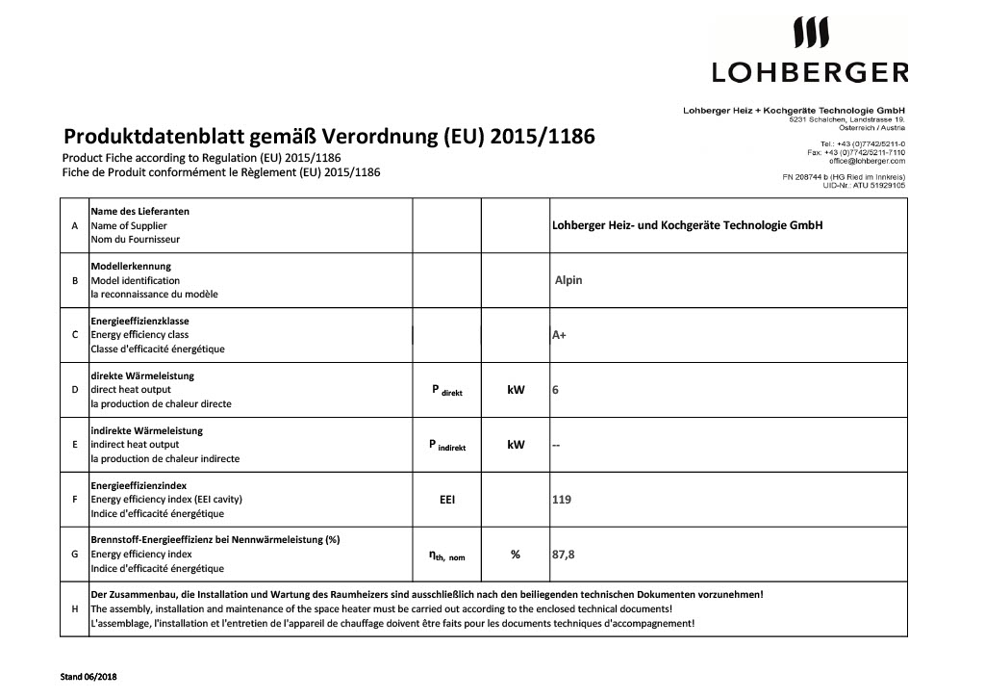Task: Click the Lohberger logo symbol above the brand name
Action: [809, 34]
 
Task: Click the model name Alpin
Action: [568, 280]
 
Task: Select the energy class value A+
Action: [558, 335]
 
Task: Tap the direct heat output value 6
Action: [555, 390]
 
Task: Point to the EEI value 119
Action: [561, 500]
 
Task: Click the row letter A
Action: [75, 225]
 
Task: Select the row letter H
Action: [75, 609]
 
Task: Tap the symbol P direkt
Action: [447, 390]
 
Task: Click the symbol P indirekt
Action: [447, 445]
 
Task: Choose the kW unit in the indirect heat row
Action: [516, 445]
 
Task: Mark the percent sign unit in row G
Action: [516, 555]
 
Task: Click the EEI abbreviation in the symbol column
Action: [447, 500]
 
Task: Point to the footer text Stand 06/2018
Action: [88, 677]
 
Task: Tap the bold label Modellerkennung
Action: [131, 267]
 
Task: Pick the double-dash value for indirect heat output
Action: [555, 446]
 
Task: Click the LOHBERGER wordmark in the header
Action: [809, 71]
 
